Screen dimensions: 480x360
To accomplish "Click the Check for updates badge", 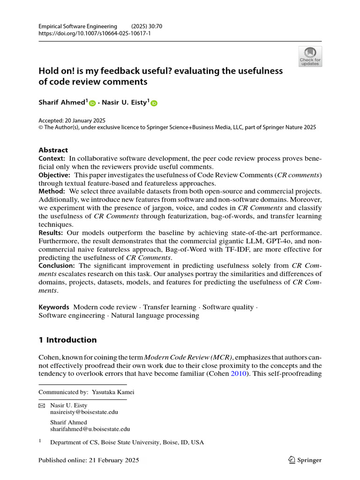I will [x=310, y=56].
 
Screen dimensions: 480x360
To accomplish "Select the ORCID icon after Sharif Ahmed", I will [x=92, y=103].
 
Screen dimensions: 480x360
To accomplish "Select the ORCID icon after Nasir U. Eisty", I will [x=154, y=103].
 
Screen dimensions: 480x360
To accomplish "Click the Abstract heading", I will [x=53, y=150].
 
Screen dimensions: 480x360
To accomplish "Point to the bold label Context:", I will [x=53, y=158].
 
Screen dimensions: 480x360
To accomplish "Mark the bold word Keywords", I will [x=54, y=307].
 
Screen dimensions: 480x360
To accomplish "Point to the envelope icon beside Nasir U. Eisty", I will [x=42, y=405].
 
